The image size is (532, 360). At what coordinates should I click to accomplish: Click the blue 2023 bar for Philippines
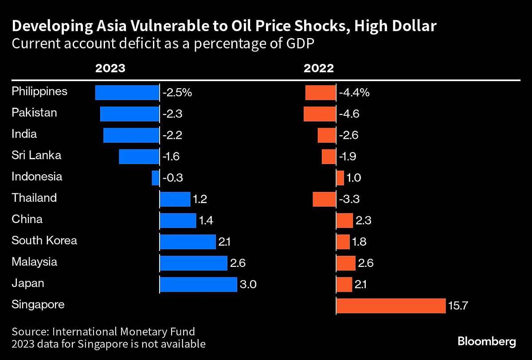[x=127, y=93]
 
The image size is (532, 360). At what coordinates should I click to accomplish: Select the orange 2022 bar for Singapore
[x=391, y=305]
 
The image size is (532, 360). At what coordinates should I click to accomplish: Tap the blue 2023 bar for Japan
[x=198, y=284]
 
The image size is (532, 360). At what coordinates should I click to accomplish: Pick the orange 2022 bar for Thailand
[x=324, y=199]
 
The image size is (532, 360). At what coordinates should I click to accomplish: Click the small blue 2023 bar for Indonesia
[x=155, y=178]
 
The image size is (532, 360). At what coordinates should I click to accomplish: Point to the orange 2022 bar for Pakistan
[x=320, y=114]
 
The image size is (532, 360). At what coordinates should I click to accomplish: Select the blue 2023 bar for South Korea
[x=188, y=242]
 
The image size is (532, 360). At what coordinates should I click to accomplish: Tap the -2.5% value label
[x=177, y=93]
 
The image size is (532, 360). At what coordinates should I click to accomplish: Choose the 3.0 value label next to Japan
[x=248, y=285]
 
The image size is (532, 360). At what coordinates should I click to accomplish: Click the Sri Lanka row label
[x=36, y=156]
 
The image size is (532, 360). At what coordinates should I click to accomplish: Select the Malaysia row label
[x=34, y=262]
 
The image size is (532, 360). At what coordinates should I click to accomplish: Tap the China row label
[x=27, y=219]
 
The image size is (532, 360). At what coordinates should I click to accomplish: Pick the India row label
[x=24, y=134]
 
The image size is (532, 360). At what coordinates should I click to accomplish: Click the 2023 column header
[x=110, y=68]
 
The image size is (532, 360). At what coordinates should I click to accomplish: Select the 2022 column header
[x=318, y=68]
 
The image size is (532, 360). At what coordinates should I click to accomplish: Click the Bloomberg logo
[x=486, y=341]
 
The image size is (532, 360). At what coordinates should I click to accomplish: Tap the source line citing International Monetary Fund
[x=103, y=332]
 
